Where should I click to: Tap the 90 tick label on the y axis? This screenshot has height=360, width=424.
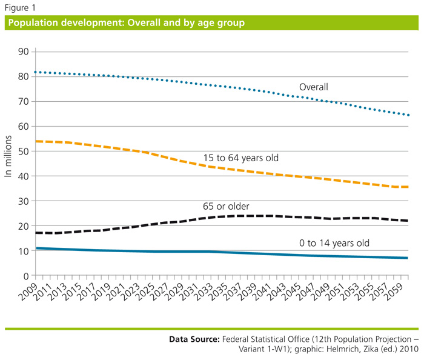(23, 52)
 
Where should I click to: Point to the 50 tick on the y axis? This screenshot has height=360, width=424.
(23, 152)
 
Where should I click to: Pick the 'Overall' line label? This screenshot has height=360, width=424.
(313, 87)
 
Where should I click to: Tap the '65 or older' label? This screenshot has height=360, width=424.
(225, 207)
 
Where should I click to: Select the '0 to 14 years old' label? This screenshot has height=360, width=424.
(334, 244)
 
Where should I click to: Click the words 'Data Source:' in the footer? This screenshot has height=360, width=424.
(194, 339)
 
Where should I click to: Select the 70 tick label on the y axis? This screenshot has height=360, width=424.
(23, 102)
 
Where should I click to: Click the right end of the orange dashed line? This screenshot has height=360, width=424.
(408, 187)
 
